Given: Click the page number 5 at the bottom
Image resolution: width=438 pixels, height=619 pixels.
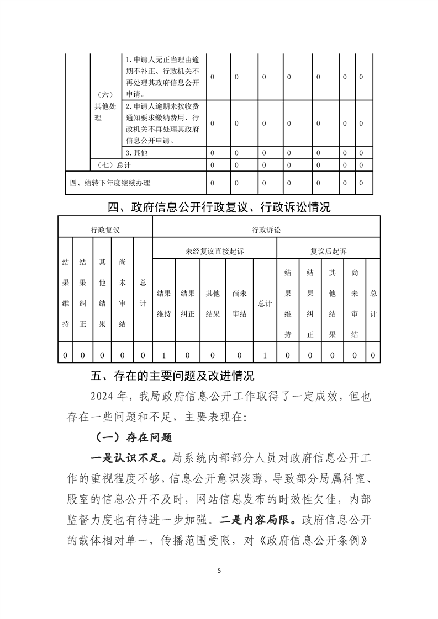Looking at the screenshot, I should (219, 570).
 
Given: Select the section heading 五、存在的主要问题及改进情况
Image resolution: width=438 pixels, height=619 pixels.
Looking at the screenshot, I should (172, 376).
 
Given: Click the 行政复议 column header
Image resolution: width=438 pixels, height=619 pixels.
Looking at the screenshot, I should (105, 228).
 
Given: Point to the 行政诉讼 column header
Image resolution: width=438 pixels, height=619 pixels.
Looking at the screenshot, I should (266, 228).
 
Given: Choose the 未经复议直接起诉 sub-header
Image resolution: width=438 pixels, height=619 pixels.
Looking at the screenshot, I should (214, 250).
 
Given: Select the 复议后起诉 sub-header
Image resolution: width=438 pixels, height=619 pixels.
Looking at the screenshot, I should (328, 250).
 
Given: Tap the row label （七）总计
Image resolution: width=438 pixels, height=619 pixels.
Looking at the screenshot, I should (113, 165).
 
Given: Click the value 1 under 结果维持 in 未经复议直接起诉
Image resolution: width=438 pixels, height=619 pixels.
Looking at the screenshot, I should (164, 355).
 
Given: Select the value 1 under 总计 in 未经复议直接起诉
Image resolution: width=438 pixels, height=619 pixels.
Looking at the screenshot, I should (265, 355).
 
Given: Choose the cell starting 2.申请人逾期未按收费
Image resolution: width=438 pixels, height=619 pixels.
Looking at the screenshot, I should (163, 123).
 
